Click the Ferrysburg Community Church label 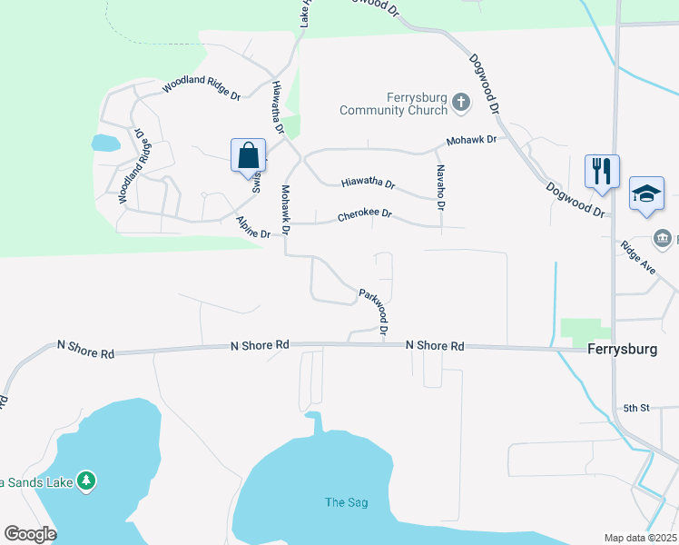(x=393, y=104)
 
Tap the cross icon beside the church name (x=461, y=102)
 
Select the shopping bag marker (x=249, y=156)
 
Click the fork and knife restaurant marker (x=602, y=171)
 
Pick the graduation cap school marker (x=646, y=193)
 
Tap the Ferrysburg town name (x=621, y=349)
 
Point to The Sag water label (x=347, y=502)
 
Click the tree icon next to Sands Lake (x=86, y=480)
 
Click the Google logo (x=30, y=534)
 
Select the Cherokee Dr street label (x=364, y=215)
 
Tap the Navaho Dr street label (x=440, y=188)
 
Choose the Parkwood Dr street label (x=374, y=311)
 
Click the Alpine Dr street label (x=252, y=228)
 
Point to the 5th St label (x=636, y=408)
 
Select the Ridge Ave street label (x=638, y=258)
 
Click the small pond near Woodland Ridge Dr (x=105, y=143)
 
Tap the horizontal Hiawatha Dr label (x=368, y=183)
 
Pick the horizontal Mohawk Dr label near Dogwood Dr (x=471, y=141)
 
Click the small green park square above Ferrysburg (x=586, y=332)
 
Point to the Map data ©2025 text (x=640, y=538)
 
